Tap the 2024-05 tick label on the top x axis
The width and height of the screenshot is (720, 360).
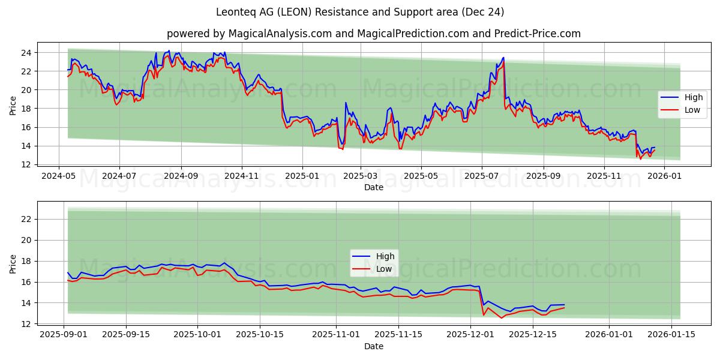pyautogui.click(x=58, y=176)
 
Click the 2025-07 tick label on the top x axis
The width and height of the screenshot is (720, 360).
pyautogui.click(x=482, y=176)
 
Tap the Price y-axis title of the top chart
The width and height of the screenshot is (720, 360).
pyautogui.click(x=13, y=106)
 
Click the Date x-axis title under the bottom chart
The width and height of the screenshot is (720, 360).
pyautogui.click(x=373, y=346)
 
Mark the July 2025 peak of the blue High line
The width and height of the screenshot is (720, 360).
pyautogui.click(x=503, y=58)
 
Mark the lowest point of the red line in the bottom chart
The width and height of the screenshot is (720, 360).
pyautogui.click(x=502, y=318)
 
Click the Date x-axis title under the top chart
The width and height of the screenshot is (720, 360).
pyautogui.click(x=373, y=187)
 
